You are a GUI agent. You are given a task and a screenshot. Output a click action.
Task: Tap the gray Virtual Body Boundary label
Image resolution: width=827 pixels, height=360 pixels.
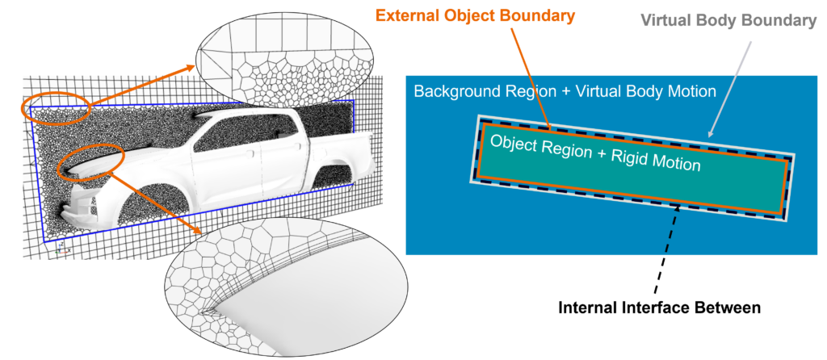pyautogui.click(x=728, y=20)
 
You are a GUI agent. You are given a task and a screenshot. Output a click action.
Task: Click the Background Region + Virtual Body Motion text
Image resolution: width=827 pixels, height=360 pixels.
pyautogui.click(x=565, y=91)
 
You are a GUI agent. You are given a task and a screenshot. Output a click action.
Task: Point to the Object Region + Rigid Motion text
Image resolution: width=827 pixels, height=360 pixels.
pyautogui.click(x=595, y=153)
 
